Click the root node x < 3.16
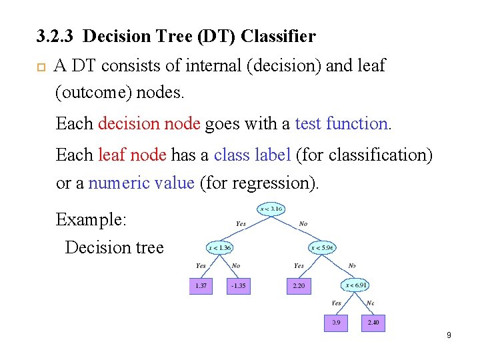coord(271,209)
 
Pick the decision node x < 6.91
coord(357,285)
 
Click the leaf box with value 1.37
coord(201,286)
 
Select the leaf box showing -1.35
coord(238,286)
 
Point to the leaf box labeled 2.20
coord(298,286)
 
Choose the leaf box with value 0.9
coord(336,323)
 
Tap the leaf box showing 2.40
coord(373,323)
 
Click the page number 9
coord(449,335)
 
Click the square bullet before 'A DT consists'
coord(40,67)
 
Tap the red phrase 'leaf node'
coord(132,155)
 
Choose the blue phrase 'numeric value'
coord(141,183)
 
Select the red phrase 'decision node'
coord(149,123)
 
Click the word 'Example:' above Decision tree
coord(86,219)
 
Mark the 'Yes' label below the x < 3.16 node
coord(241,224)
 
